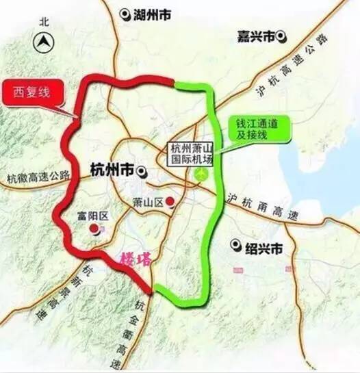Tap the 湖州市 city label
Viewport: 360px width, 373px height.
click(x=153, y=14)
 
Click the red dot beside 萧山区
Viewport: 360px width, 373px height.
click(x=170, y=201)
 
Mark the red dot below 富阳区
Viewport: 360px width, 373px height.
click(x=96, y=230)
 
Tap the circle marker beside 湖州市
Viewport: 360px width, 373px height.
click(x=124, y=14)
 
